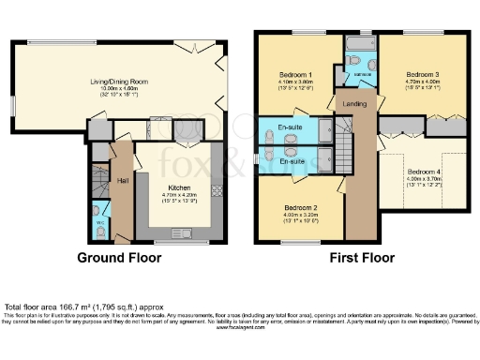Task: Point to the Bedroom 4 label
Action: pyautogui.click(x=425, y=172)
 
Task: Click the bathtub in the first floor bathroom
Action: pyautogui.click(x=360, y=44)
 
